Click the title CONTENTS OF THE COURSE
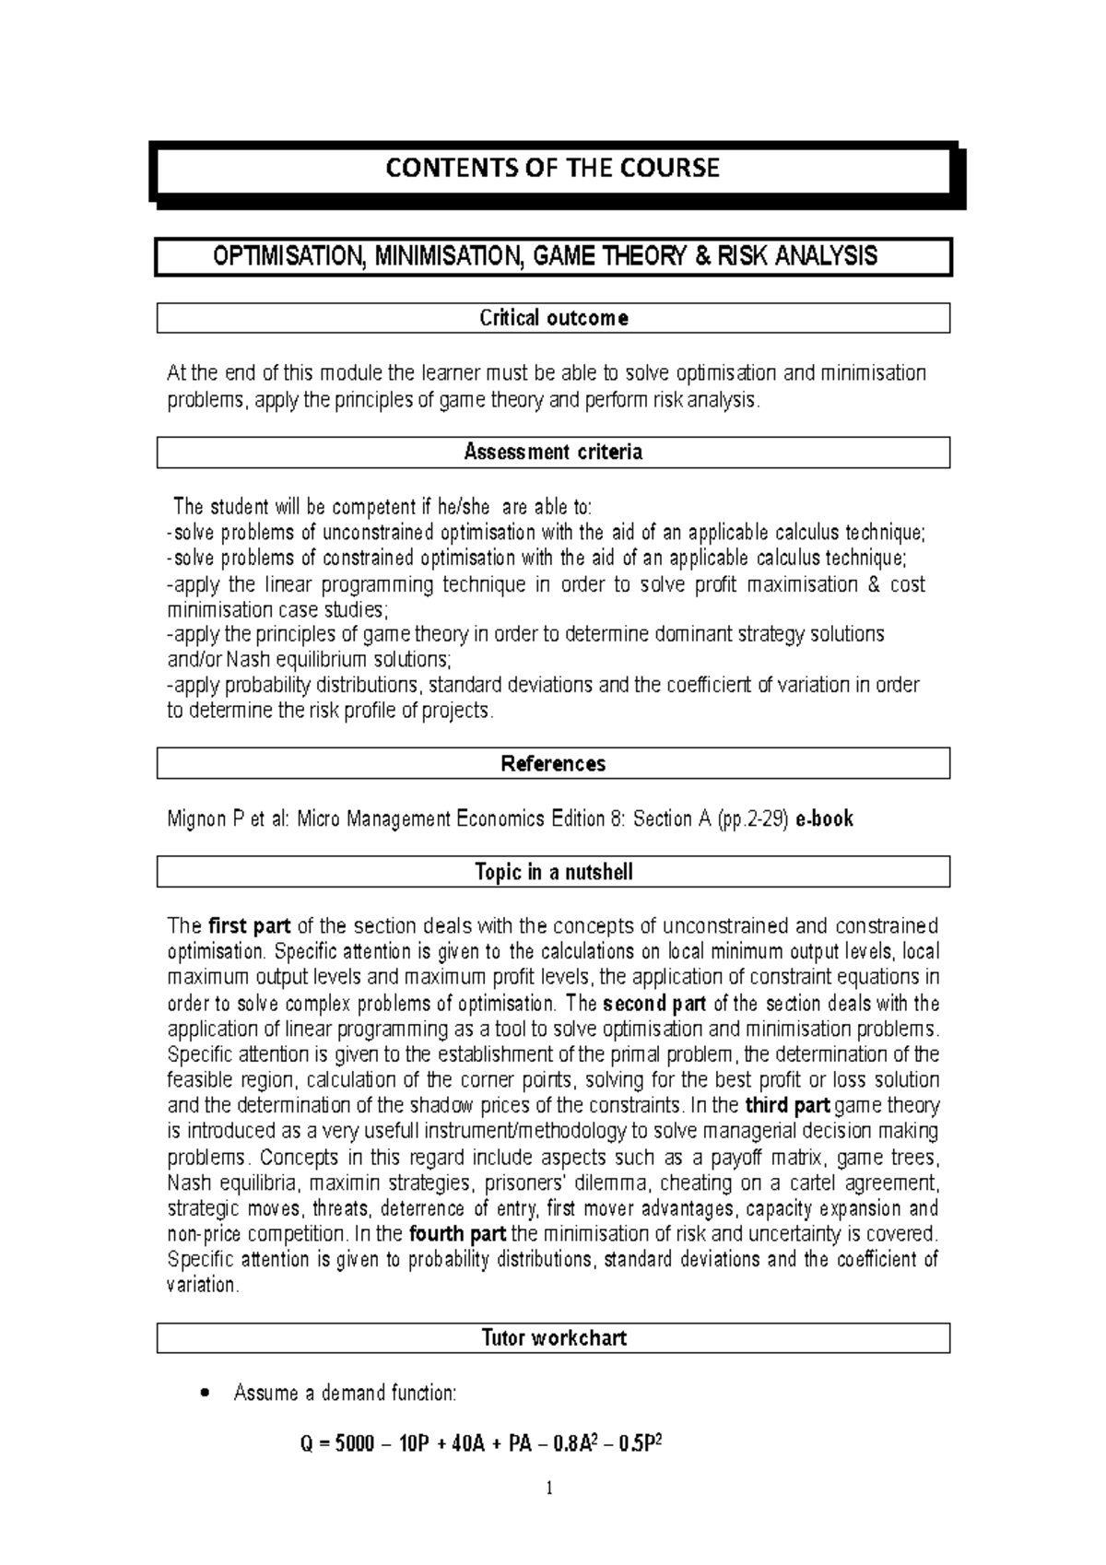point(552,169)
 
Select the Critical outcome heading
point(553,319)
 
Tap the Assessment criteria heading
point(553,453)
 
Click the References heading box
point(553,764)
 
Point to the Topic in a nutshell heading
point(553,872)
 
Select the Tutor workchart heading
point(553,1338)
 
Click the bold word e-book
point(823,818)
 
